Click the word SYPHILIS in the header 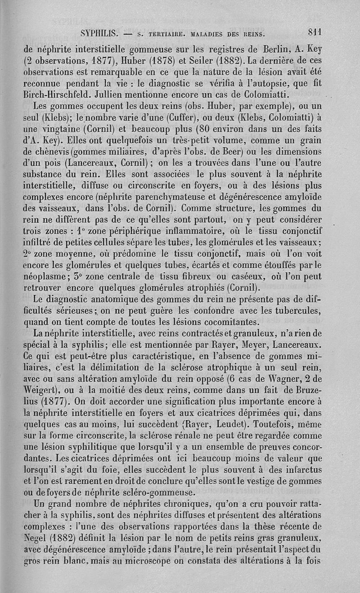[x=99, y=33]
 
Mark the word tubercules [x=314, y=310]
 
